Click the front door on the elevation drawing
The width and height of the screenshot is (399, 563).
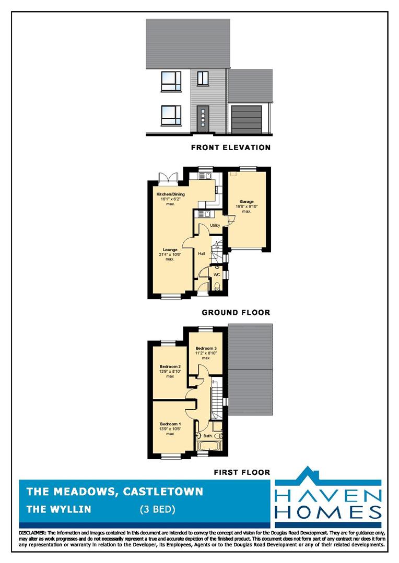point(203,118)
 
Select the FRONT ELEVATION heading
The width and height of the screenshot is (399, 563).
point(231,147)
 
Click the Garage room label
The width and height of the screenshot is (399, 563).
point(247,202)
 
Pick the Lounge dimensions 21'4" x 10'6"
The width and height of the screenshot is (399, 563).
point(170,254)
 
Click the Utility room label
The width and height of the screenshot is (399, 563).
point(215,226)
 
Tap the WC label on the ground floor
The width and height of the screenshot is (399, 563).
point(217,275)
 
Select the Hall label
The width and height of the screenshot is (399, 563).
point(202,253)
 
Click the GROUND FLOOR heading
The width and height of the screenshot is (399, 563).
point(236,312)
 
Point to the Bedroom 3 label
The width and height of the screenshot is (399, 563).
point(206,348)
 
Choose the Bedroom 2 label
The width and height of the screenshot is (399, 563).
point(170,366)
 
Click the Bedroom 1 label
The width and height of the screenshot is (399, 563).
point(170,424)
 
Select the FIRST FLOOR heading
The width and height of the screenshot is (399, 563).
point(242,472)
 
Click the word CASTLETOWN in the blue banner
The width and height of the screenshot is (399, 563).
point(163,492)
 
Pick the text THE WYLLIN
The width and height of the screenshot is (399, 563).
point(58,509)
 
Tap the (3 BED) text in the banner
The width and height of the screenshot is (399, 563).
point(158,509)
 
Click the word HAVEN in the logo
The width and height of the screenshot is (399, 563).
point(328,497)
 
